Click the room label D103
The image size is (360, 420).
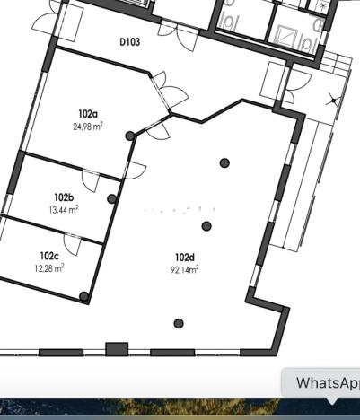click(x=129, y=41)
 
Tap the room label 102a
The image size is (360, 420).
click(x=87, y=114)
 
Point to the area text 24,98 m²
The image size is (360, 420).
click(x=87, y=127)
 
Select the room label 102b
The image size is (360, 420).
click(x=63, y=197)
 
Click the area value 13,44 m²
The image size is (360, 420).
click(x=63, y=209)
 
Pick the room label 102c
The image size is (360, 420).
click(x=49, y=256)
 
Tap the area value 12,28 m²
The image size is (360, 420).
click(x=49, y=268)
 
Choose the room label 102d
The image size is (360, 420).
click(x=185, y=258)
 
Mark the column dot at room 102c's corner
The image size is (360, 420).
click(x=83, y=296)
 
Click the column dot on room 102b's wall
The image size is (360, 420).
click(x=112, y=199)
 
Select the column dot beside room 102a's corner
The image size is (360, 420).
click(x=131, y=136)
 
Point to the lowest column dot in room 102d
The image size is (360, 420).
click(x=179, y=323)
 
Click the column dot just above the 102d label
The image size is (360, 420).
click(x=206, y=226)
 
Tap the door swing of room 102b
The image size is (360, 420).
click(x=95, y=178)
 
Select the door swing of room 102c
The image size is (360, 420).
click(x=75, y=242)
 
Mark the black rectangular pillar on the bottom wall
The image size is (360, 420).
click(x=117, y=349)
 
